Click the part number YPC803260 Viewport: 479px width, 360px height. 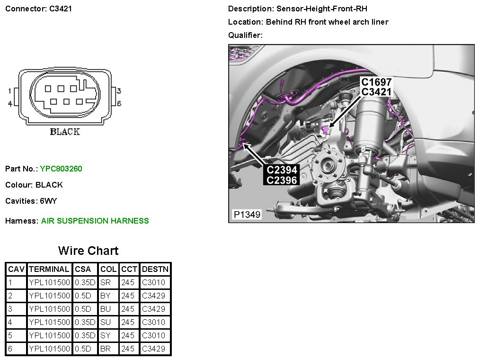pos(61,169)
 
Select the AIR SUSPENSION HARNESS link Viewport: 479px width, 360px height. pos(95,221)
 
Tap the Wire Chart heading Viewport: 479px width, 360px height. pos(89,251)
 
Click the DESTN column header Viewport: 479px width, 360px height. pos(155,269)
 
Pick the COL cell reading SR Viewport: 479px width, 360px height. pos(106,282)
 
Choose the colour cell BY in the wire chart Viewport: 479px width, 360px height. pos(106,296)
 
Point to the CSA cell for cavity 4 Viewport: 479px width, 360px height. pos(85,322)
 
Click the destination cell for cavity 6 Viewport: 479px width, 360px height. pos(154,349)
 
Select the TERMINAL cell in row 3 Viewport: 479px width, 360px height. pos(50,309)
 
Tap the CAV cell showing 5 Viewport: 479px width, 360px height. pos(10,335)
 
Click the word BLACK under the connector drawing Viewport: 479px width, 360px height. pos(65,132)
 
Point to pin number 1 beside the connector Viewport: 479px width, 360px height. pos(10,91)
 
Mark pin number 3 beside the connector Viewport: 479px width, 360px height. pos(119,91)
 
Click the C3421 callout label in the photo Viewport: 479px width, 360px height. pos(376,92)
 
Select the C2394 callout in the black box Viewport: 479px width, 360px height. pos(282,170)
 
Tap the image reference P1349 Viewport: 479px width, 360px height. pos(247,215)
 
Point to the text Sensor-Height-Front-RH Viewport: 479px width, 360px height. pos(322,9)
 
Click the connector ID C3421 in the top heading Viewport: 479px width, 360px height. pos(61,9)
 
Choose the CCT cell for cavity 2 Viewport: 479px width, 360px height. pos(128,296)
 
